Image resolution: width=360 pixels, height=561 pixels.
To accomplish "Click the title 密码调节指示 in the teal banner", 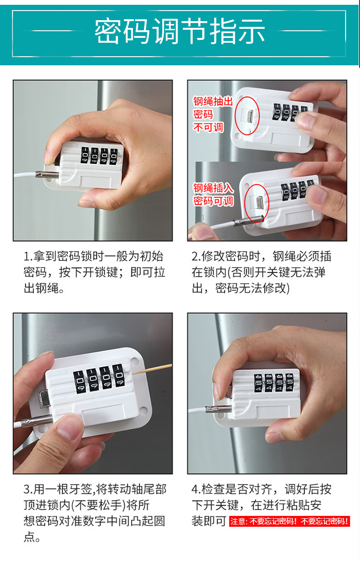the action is click(x=180, y=32).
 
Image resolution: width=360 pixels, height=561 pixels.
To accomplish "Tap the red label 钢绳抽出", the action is click(x=213, y=101).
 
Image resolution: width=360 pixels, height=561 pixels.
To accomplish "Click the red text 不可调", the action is click(x=208, y=127).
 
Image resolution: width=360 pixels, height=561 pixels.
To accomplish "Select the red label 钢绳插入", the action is click(x=214, y=188).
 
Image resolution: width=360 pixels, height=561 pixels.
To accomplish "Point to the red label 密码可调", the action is click(x=214, y=201).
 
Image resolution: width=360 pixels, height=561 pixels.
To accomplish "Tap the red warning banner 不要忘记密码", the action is click(x=289, y=521).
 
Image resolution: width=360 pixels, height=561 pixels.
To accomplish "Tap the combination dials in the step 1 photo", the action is click(x=99, y=156).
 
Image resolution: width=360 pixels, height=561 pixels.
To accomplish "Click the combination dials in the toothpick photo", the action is click(x=99, y=378).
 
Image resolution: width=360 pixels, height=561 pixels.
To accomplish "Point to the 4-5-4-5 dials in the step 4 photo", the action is click(x=274, y=382).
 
